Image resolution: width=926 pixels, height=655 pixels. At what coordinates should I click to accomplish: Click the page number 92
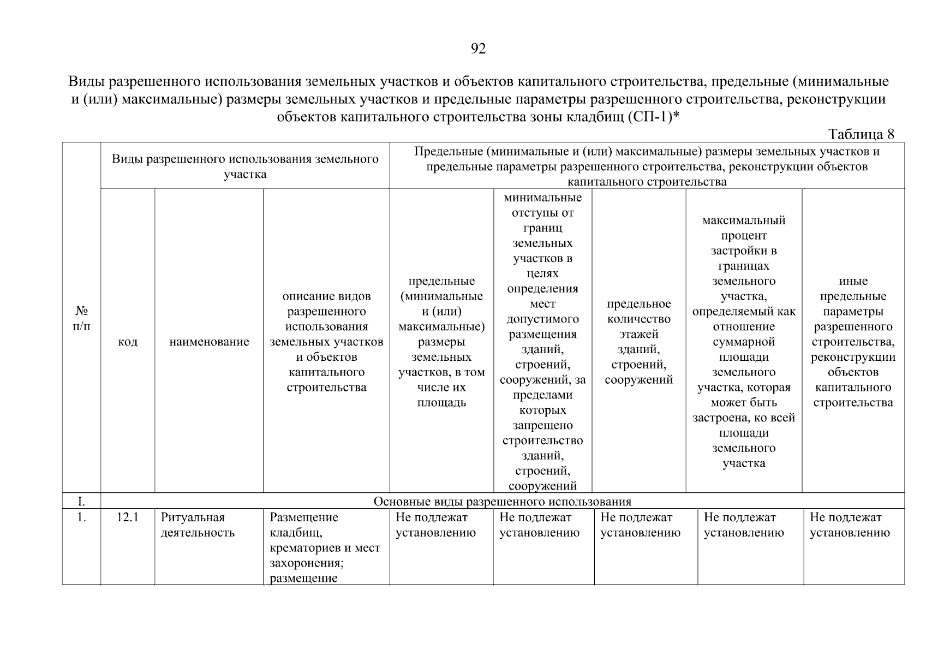point(477,49)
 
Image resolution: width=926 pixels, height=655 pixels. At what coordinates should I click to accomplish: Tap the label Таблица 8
point(861,134)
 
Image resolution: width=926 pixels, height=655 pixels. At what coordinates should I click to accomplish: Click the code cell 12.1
point(127,517)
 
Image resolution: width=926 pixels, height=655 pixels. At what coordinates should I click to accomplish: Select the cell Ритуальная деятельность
point(197,525)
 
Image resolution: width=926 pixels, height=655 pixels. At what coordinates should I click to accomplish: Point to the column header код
point(127,342)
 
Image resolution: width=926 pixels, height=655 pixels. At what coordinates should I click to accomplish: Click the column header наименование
point(209,342)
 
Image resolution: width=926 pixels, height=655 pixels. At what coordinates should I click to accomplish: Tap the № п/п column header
point(81,318)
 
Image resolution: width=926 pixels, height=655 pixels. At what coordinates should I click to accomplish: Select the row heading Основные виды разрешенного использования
point(502,502)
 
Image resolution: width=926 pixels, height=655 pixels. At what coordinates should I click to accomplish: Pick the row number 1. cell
point(81,517)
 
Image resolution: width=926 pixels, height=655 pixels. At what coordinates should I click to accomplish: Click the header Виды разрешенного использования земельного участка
point(245,166)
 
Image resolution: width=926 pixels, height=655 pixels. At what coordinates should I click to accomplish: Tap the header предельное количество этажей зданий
point(638,342)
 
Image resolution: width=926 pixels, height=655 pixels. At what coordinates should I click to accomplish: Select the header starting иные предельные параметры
point(853,342)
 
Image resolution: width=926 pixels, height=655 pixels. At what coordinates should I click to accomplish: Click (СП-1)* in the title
point(653,117)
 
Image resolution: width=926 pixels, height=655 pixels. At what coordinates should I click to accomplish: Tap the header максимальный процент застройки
point(744,342)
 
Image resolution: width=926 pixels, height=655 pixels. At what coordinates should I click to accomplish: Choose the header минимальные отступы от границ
point(542,342)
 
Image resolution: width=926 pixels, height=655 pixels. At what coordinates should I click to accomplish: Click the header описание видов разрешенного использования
point(326,342)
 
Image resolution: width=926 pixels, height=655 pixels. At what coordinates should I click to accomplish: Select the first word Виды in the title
point(87,82)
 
